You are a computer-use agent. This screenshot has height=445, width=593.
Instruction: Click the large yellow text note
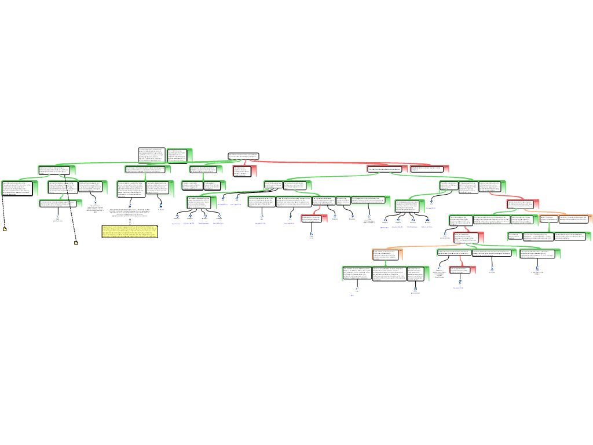[x=130, y=231]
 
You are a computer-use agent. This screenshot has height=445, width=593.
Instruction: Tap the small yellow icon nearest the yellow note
[x=76, y=243]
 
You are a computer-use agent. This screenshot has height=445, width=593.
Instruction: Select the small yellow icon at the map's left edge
[x=5, y=229]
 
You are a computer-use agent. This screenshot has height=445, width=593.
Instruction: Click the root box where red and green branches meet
[x=243, y=156]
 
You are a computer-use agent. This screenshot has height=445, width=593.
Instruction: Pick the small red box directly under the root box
[x=244, y=171]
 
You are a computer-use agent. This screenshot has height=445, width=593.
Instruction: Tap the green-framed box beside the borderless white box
[x=180, y=155]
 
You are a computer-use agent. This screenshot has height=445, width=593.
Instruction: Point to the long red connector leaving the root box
[x=324, y=163]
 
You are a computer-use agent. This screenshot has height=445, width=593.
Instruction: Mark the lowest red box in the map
[x=462, y=269]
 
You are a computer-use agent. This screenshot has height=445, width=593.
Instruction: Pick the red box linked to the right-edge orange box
[x=523, y=204]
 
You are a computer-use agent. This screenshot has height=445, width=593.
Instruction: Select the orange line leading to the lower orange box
[x=423, y=246]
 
